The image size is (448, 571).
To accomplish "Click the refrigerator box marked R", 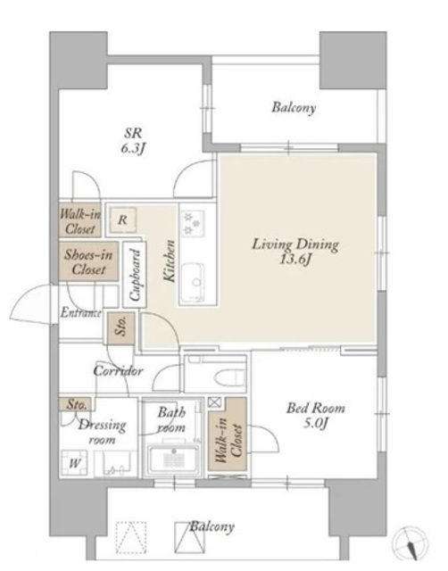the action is (123, 219).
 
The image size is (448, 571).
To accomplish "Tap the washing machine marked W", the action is (75, 463).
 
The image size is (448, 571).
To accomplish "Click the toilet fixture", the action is (229, 377).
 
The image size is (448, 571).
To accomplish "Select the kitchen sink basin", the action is (192, 282).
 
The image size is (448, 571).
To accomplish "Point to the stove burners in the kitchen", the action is (192, 223).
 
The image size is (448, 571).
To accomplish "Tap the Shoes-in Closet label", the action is (88, 261).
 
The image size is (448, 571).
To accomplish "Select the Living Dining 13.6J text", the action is (295, 252).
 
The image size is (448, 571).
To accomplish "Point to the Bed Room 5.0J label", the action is (315, 415).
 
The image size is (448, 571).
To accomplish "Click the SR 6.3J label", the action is (133, 140).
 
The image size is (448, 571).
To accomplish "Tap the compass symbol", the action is (410, 542).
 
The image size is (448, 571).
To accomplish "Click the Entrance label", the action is (81, 313).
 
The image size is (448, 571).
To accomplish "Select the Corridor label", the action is (118, 371).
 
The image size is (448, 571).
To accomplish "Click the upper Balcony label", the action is (294, 108).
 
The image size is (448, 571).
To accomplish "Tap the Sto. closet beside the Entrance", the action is (121, 328).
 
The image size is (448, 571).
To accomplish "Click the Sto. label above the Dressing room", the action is (77, 404).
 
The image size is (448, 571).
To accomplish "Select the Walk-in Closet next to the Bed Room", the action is (228, 434).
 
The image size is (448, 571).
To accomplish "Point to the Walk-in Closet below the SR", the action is (79, 221).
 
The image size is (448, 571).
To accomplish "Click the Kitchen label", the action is (170, 261).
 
